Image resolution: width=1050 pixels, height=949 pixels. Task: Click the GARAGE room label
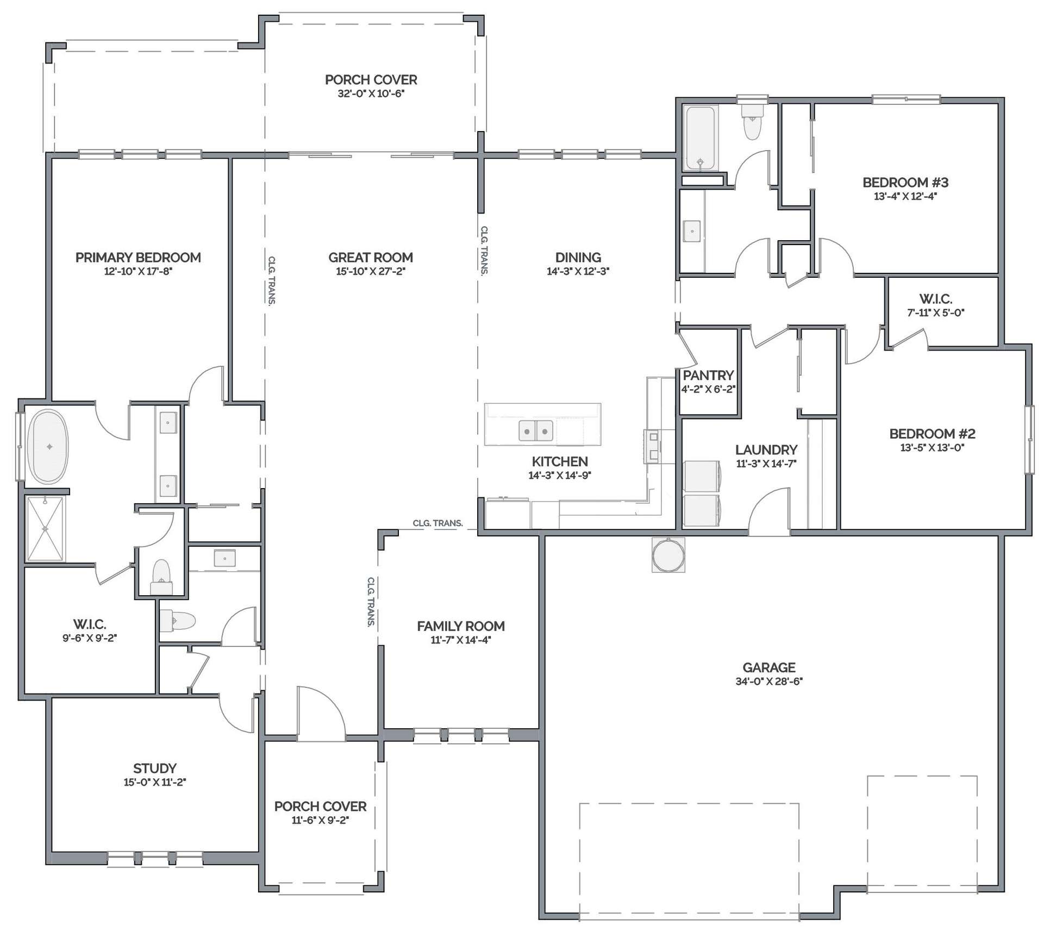(x=769, y=667)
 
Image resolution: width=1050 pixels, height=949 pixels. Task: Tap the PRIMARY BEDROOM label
(x=138, y=258)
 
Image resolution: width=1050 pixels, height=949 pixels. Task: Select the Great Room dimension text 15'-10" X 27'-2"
(x=371, y=271)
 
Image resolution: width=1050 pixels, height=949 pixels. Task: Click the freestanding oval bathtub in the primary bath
(x=48, y=447)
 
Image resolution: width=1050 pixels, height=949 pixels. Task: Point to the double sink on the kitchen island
(x=536, y=430)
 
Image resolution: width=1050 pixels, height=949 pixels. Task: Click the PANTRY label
(x=708, y=375)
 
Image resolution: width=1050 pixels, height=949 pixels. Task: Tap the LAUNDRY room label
(x=766, y=450)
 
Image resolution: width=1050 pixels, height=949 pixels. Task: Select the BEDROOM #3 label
(x=905, y=183)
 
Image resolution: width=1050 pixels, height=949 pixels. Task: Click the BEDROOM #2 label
(x=932, y=434)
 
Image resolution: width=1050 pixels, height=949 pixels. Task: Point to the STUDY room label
(x=155, y=769)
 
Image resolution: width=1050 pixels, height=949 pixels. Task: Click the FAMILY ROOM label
(x=461, y=626)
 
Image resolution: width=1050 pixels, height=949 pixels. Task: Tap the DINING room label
(x=578, y=258)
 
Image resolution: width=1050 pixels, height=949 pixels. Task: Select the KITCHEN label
(x=560, y=461)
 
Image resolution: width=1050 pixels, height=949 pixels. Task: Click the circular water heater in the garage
(x=668, y=554)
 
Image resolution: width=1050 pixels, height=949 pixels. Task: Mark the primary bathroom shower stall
(x=45, y=528)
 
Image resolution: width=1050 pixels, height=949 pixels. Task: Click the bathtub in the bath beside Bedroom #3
(x=700, y=139)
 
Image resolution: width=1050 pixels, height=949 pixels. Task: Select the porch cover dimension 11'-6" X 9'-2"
(x=320, y=820)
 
